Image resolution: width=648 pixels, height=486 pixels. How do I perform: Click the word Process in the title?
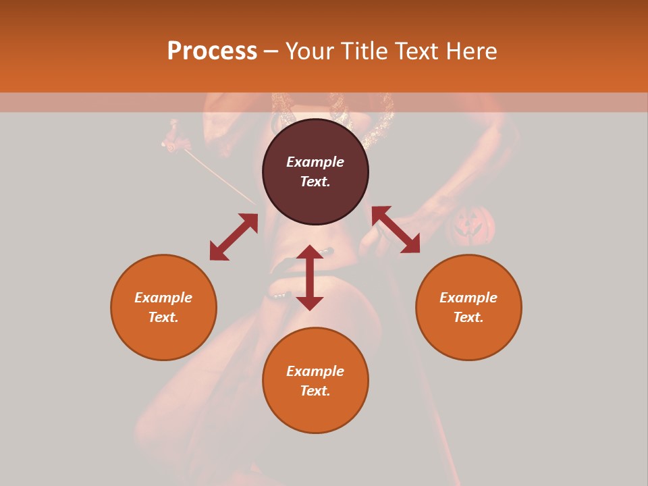point(212,51)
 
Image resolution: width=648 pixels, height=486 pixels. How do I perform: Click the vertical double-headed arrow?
point(310,277)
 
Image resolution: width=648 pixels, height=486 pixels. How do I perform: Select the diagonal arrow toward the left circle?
point(234,237)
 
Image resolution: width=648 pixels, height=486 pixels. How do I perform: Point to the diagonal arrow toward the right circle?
point(396,230)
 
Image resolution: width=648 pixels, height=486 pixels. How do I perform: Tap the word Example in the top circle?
point(315,162)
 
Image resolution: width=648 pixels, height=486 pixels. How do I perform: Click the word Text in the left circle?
point(163,317)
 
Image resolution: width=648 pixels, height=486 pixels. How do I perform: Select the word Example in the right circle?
point(468,298)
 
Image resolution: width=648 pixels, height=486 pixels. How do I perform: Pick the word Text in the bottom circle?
point(315,391)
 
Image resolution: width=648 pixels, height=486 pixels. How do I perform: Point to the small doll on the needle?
point(176,136)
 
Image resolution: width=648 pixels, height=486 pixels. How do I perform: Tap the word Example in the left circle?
point(163,298)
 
